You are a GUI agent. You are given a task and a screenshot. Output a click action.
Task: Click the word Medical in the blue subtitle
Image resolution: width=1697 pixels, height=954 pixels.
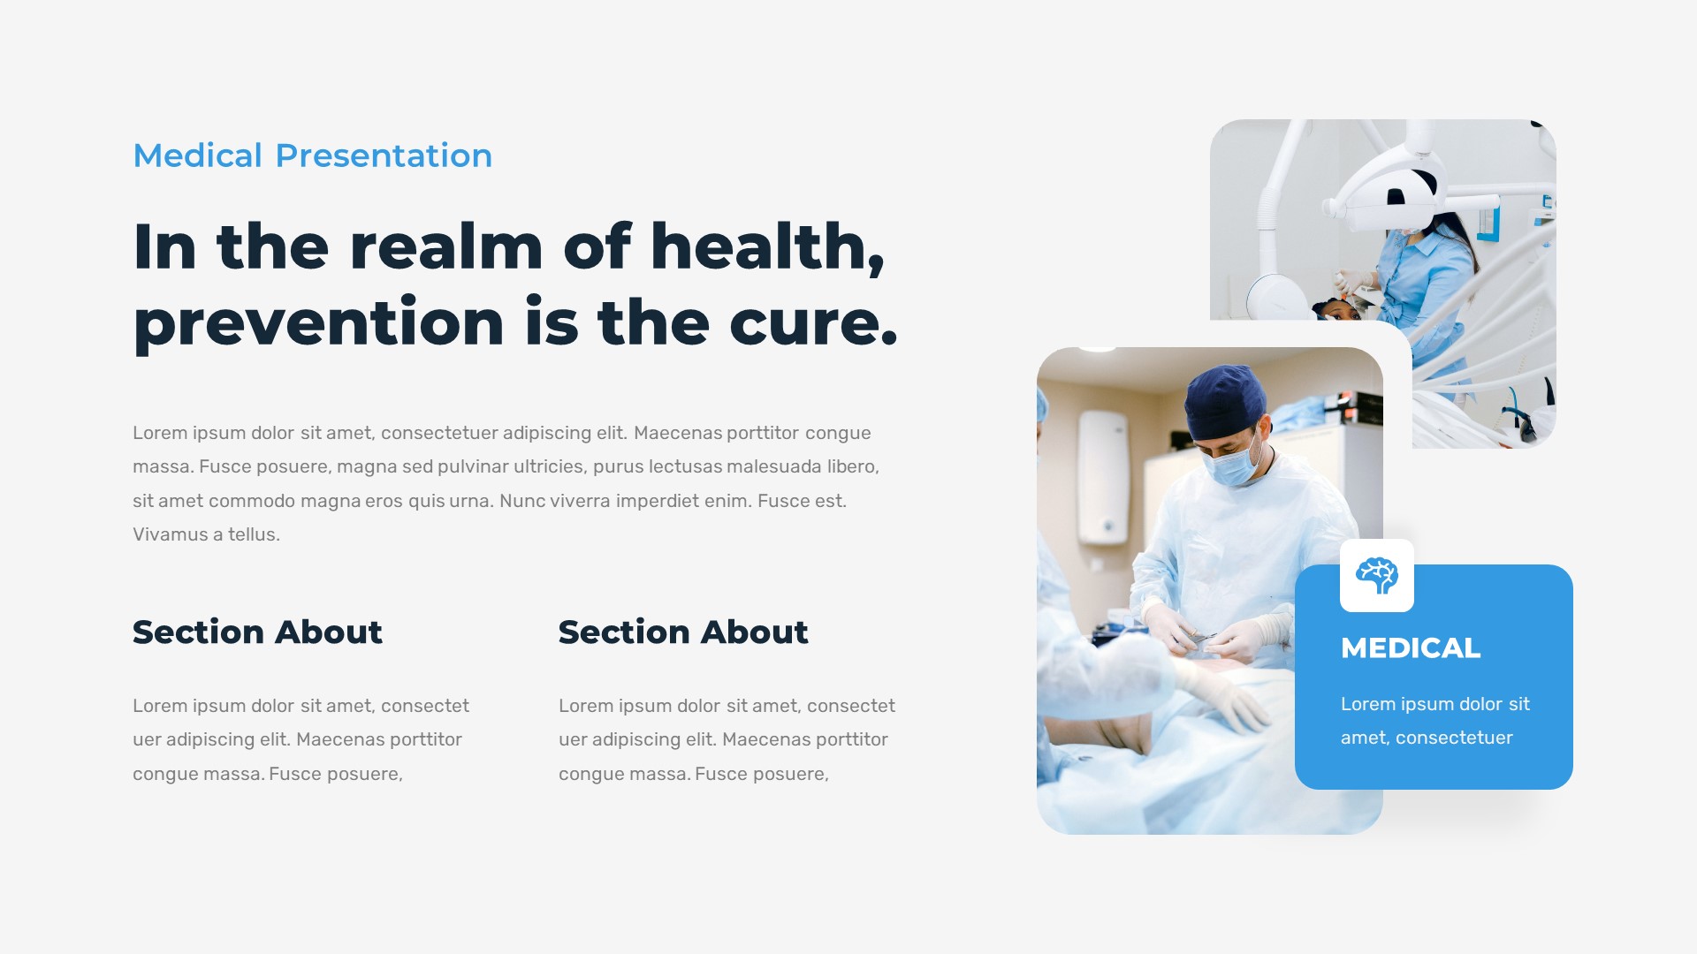pyautogui.click(x=197, y=155)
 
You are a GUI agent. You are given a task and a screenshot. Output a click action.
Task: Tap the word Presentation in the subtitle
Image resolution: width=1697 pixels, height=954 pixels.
pyautogui.click(x=384, y=155)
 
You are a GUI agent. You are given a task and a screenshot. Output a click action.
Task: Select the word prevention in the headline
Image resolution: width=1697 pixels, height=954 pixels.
pyautogui.click(x=318, y=323)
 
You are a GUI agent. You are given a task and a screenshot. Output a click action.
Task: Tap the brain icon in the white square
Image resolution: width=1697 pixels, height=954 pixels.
pyautogui.click(x=1376, y=576)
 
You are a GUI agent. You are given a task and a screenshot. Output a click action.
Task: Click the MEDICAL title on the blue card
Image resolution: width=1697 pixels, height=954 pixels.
pyautogui.click(x=1410, y=648)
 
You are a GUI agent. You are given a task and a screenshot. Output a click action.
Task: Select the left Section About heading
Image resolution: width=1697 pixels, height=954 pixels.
pyautogui.click(x=257, y=632)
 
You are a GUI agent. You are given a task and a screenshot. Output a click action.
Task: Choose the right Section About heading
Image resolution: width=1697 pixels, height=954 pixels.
pyautogui.click(x=683, y=632)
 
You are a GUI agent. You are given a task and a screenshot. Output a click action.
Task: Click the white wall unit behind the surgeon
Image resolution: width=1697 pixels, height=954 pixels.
pyautogui.click(x=1103, y=477)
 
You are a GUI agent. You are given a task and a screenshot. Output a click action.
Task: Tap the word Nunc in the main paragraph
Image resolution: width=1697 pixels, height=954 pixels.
pyautogui.click(x=521, y=501)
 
